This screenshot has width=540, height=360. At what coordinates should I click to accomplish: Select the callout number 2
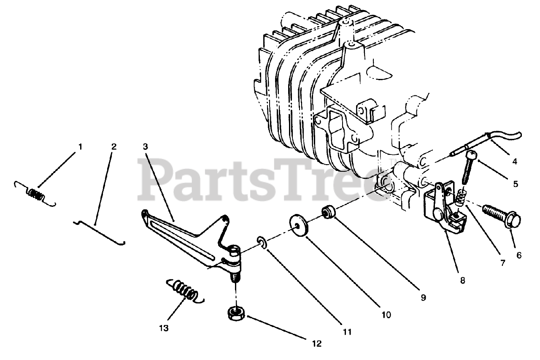[x=113, y=147]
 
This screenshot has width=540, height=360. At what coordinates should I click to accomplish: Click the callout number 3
[x=145, y=147]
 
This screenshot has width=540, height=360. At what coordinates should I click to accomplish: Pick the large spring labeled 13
[x=185, y=291]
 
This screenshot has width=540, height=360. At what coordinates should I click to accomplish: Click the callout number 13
[x=164, y=328]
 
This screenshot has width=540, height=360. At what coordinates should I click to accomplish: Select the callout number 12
[x=317, y=344]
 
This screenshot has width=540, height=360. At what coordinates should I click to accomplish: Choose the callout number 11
[x=347, y=332]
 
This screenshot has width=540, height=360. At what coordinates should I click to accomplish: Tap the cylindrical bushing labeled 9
[x=329, y=211]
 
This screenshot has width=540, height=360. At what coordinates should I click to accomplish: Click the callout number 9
[x=423, y=298]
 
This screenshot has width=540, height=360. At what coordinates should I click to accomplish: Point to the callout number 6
[x=518, y=255]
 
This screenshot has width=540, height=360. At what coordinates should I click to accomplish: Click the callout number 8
[x=463, y=280]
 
